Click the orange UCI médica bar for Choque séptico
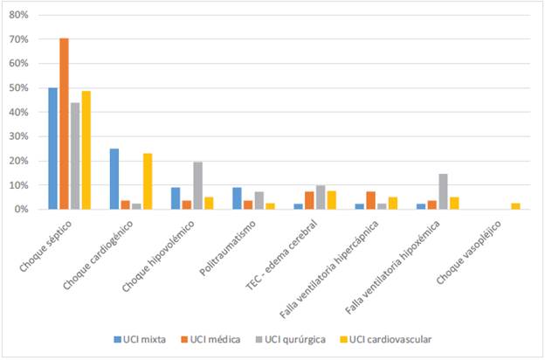point(64,123)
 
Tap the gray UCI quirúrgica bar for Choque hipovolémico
point(197,185)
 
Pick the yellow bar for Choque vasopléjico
point(515,206)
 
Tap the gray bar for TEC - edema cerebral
point(320,197)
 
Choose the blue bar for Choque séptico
point(52,149)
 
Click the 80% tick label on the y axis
point(19,16)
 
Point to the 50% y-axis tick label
point(19,88)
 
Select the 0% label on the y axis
point(22,210)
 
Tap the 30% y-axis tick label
point(19,137)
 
